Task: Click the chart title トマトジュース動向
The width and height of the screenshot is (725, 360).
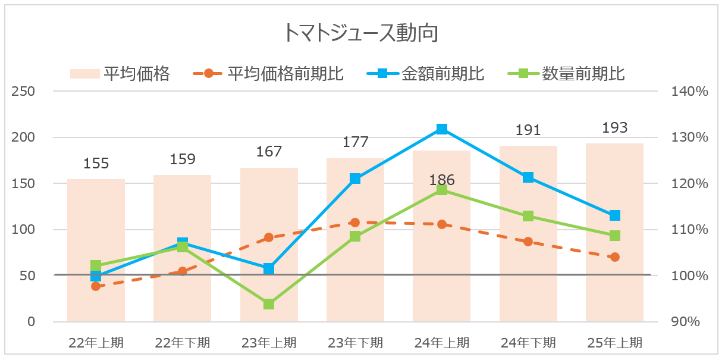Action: coord(361,33)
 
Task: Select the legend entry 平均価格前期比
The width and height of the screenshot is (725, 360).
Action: coord(285,74)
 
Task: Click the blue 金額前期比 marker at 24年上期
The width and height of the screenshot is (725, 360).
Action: coord(441,129)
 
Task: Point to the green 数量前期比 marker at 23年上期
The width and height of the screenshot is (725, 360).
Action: coord(269,304)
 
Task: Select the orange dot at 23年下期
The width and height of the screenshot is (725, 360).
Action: coord(355,223)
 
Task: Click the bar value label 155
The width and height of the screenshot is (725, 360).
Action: coord(96,164)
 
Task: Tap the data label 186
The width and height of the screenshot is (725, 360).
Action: coord(441,180)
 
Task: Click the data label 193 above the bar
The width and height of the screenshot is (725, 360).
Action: coord(614,128)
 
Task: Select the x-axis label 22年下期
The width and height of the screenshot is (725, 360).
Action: coord(183,343)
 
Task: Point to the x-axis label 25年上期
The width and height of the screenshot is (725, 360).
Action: coord(614,343)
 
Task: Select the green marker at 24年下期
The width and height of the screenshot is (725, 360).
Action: coord(528,216)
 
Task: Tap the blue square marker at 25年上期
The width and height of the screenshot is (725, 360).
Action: coord(614,215)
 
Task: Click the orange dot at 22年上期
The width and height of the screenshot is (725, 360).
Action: coord(96,286)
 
